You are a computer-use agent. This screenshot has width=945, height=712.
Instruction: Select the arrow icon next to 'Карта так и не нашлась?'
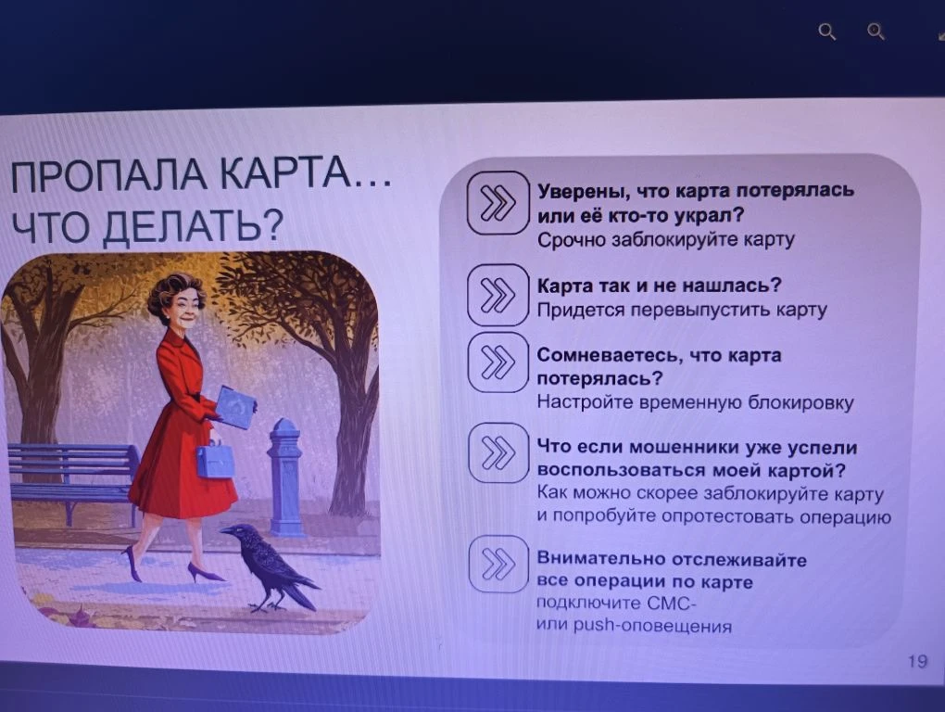pyautogui.click(x=498, y=294)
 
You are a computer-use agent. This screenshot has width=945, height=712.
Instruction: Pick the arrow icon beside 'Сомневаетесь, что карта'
pyautogui.click(x=498, y=362)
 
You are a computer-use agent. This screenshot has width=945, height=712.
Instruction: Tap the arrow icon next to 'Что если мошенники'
pyautogui.click(x=498, y=453)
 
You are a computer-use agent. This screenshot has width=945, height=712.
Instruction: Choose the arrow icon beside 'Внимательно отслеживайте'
pyautogui.click(x=498, y=564)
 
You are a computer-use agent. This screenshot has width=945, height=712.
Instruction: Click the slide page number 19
pyautogui.click(x=917, y=661)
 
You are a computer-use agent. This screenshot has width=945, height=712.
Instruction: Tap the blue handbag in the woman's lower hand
pyautogui.click(x=214, y=459)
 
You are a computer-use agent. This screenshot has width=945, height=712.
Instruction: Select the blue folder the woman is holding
pyautogui.click(x=235, y=407)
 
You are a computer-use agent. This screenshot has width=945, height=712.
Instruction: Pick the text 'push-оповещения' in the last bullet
pyautogui.click(x=652, y=626)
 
